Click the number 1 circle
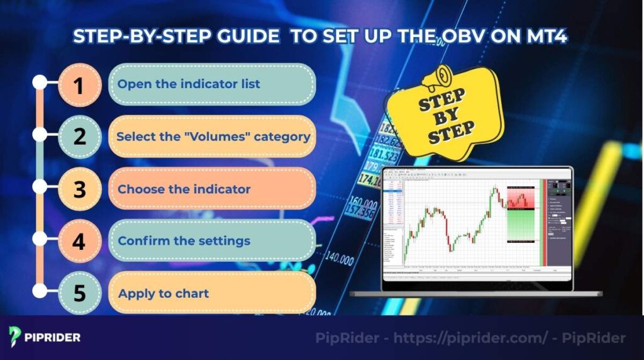tap(79, 84)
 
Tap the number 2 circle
tap(79, 136)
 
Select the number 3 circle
tap(79, 189)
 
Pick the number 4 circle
tap(79, 240)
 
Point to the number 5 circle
tap(79, 293)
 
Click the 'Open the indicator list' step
tap(189, 84)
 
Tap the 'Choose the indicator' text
tap(184, 189)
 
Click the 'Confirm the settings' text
tap(184, 240)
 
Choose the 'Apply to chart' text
tap(163, 293)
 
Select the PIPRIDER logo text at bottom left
tap(53, 337)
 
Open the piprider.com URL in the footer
tap(472, 338)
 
